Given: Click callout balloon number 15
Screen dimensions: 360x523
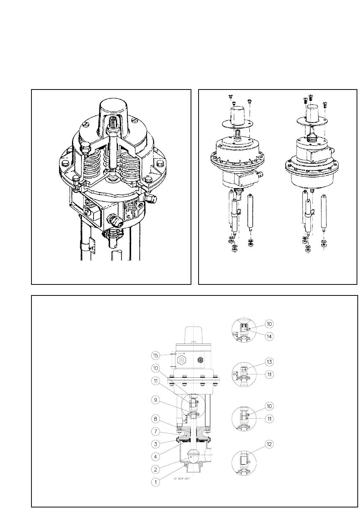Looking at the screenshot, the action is pyautogui.click(x=155, y=355).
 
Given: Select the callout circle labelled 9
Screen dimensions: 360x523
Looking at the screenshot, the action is pyautogui.click(x=155, y=399).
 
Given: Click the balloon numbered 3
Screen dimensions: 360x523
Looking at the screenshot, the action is pyautogui.click(x=155, y=444).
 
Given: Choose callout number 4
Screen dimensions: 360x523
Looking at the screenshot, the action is pyautogui.click(x=155, y=456).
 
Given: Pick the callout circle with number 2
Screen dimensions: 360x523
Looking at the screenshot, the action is pyautogui.click(x=155, y=469).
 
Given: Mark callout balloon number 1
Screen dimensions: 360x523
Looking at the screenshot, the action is pyautogui.click(x=155, y=482).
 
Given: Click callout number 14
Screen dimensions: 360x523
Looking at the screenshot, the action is pyautogui.click(x=269, y=336).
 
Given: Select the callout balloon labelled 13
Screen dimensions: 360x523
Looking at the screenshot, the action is pyautogui.click(x=269, y=361).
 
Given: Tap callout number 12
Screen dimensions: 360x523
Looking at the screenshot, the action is pyautogui.click(x=269, y=444).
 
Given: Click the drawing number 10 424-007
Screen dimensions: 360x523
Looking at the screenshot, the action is pyautogui.click(x=182, y=479).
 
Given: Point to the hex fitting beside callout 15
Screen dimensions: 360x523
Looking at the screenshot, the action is pyautogui.click(x=182, y=359).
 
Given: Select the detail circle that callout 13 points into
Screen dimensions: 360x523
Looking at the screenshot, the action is pyautogui.click(x=244, y=374).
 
